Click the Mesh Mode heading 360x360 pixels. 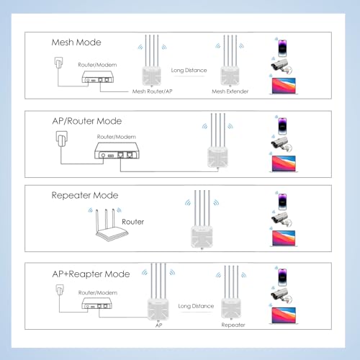[x=76, y=42]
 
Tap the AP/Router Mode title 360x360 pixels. [x=87, y=121]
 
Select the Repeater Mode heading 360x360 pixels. [x=85, y=195]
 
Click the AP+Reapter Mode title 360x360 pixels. [x=91, y=274]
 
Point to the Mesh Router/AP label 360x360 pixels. [x=153, y=91]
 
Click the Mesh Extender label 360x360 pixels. [x=230, y=91]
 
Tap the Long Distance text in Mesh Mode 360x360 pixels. [x=189, y=71]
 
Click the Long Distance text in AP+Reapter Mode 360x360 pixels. [x=196, y=306]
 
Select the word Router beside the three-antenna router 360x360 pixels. [x=132, y=222]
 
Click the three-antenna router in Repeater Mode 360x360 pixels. [x=109, y=225]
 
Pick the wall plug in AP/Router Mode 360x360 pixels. [x=62, y=139]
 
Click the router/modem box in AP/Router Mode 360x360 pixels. [x=117, y=150]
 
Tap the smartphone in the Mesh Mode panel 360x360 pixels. [x=282, y=48]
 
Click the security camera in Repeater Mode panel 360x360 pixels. [x=282, y=220]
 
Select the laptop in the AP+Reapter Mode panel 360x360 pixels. [x=284, y=316]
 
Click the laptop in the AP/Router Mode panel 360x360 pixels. [x=284, y=164]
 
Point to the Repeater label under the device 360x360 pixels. [x=233, y=325]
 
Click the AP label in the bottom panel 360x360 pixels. [x=158, y=325]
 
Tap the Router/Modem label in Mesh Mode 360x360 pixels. [x=97, y=65]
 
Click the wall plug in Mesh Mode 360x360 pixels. [x=58, y=63]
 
